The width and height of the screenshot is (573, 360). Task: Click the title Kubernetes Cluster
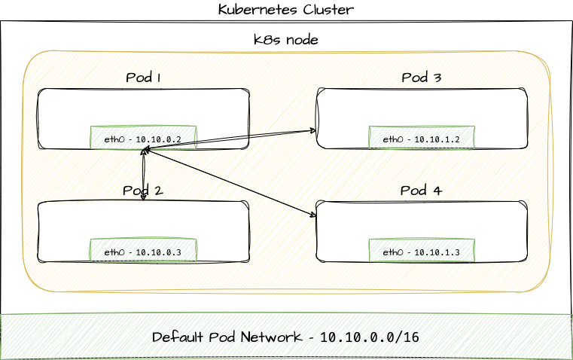(x=285, y=10)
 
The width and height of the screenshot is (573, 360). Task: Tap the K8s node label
(x=285, y=41)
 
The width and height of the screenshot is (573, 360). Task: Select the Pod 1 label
(x=143, y=78)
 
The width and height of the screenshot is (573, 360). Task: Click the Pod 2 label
(x=143, y=191)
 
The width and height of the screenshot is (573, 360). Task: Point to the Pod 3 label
(x=421, y=78)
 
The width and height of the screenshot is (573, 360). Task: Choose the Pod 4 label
(x=421, y=191)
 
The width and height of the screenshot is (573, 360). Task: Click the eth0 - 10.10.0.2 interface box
(x=143, y=139)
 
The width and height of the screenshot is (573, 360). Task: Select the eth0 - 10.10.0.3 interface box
(x=143, y=252)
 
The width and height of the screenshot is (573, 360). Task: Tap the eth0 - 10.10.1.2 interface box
(x=421, y=139)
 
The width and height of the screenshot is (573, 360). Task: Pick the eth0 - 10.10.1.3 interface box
(x=421, y=252)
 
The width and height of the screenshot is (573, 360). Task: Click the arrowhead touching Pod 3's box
(x=313, y=130)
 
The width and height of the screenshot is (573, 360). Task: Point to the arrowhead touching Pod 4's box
(x=313, y=216)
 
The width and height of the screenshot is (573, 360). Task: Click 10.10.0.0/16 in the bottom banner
(x=369, y=337)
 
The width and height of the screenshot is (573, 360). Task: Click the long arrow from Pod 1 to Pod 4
(x=230, y=183)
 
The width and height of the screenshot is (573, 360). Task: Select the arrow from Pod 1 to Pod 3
(x=230, y=139)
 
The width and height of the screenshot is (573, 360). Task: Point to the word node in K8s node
(x=301, y=41)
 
